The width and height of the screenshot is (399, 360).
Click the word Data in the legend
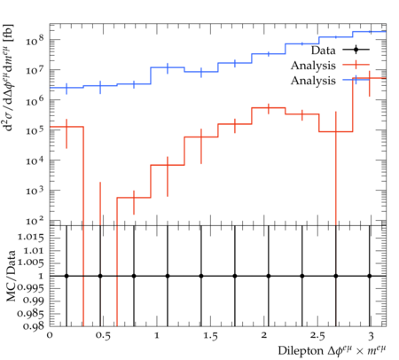click(x=324, y=51)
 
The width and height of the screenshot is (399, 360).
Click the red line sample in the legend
click(x=356, y=65)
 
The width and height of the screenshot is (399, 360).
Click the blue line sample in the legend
click(x=356, y=80)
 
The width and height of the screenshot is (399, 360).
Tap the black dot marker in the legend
click(x=356, y=50)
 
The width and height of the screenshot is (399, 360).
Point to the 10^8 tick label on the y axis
click(x=35, y=40)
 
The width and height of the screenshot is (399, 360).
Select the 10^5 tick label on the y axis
click(x=35, y=130)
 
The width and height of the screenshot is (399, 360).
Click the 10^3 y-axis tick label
click(x=35, y=191)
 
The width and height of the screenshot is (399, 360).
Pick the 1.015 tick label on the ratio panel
click(x=30, y=237)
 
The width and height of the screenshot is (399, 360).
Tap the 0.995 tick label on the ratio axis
click(x=30, y=288)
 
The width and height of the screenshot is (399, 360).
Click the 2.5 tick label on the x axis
click(x=317, y=336)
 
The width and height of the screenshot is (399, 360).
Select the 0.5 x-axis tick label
click(x=103, y=336)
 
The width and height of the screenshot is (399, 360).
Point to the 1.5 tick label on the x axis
click(x=210, y=336)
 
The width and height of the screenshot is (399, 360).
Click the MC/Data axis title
click(x=11, y=276)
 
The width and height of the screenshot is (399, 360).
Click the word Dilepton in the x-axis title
click(x=301, y=351)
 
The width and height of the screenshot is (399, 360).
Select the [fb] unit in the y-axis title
click(x=10, y=34)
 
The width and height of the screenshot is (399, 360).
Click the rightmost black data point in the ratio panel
click(x=370, y=276)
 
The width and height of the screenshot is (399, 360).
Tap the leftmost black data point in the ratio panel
click(x=66, y=276)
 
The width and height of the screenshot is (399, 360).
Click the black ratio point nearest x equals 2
click(x=269, y=276)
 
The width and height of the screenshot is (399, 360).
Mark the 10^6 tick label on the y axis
click(x=35, y=100)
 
